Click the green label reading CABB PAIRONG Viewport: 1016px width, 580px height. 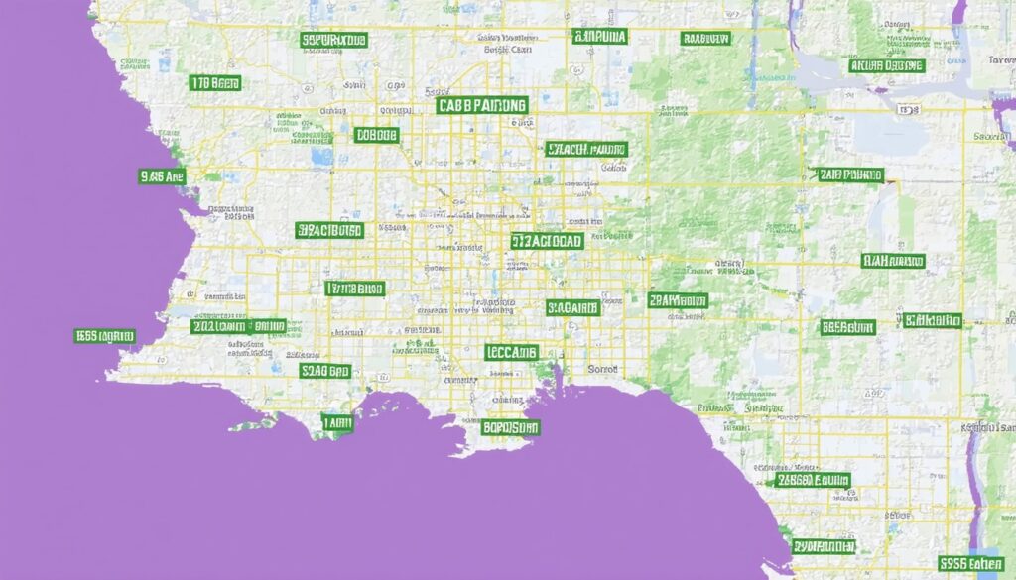[481, 104]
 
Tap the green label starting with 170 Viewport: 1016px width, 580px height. [215, 83]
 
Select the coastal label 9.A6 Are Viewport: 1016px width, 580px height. [164, 176]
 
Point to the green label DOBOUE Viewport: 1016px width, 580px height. [376, 134]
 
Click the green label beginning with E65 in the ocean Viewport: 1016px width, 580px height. [104, 336]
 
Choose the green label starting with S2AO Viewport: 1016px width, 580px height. [325, 370]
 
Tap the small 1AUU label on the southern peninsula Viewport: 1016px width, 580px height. [337, 422]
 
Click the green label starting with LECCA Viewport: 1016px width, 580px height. [512, 352]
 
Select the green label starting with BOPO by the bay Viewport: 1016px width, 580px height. [511, 428]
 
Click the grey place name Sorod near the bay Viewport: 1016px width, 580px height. [603, 368]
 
